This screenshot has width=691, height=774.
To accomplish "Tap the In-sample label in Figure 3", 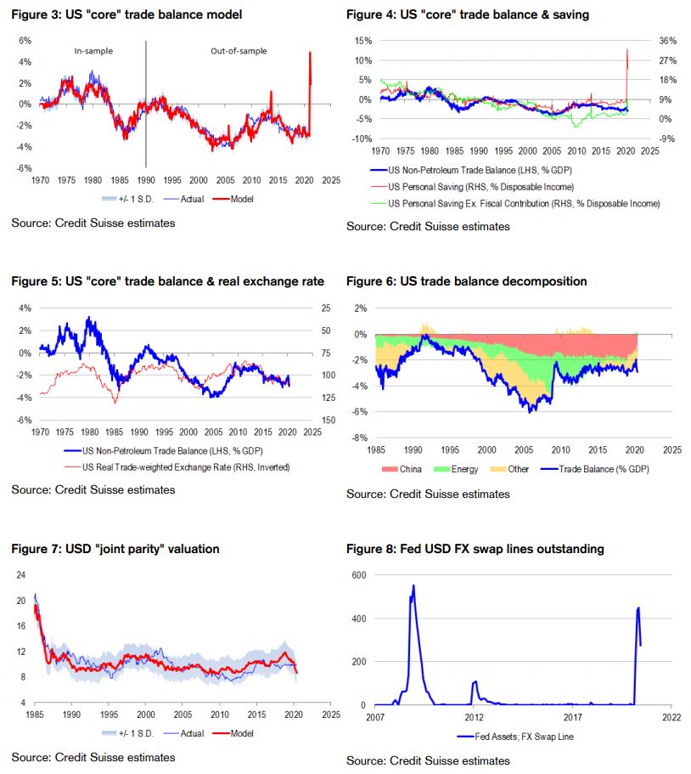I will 93,51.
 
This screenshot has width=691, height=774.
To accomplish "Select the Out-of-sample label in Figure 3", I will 239,51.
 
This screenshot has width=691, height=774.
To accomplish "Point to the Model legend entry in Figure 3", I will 241,198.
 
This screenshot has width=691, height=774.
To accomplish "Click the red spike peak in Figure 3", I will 310,53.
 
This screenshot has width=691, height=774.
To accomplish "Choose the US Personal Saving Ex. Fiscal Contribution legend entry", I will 523,204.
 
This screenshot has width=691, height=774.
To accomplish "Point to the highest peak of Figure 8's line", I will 413,585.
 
